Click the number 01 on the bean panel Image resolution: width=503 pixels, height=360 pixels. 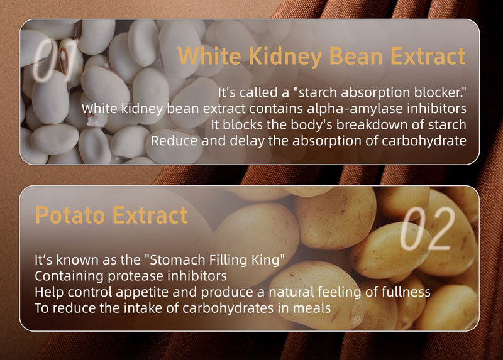pyautogui.click(x=55, y=60)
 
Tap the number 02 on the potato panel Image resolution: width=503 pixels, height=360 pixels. pyautogui.click(x=428, y=228)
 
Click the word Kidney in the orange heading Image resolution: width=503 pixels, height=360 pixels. pyautogui.click(x=285, y=57)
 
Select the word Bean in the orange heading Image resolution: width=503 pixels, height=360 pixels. pyautogui.click(x=356, y=56)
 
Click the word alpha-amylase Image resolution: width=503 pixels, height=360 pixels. pyautogui.click(x=355, y=109)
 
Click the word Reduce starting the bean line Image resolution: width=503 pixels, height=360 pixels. pyautogui.click(x=174, y=141)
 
